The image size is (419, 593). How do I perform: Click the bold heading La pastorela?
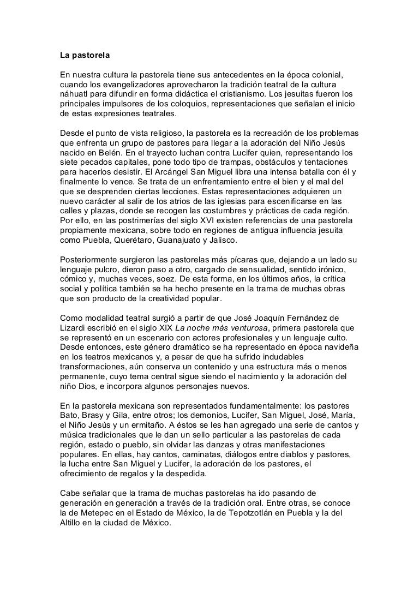pyautogui.click(x=84, y=55)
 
